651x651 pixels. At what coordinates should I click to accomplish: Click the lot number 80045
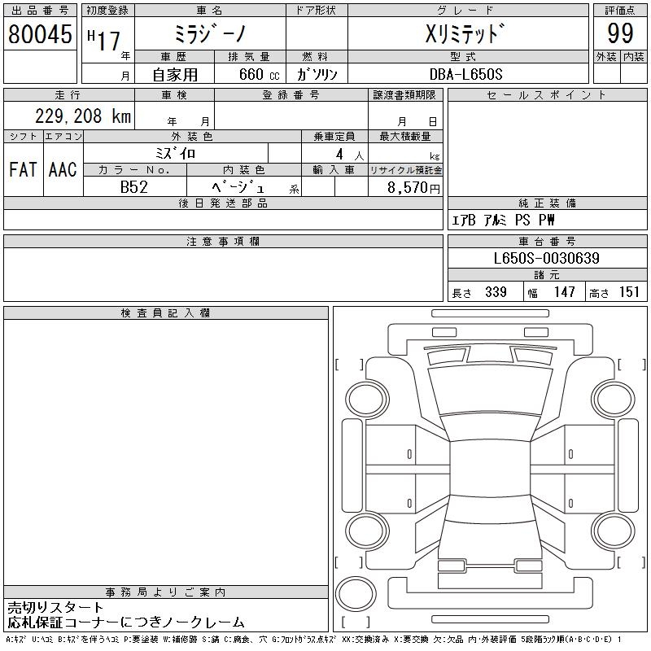click(x=40, y=34)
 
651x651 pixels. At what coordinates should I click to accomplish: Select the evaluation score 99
click(x=620, y=34)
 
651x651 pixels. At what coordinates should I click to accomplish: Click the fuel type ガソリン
click(x=317, y=74)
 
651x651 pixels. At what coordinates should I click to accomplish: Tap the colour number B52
click(x=135, y=187)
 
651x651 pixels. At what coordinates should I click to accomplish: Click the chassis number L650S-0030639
click(x=546, y=258)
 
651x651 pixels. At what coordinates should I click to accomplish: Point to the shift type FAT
click(x=23, y=170)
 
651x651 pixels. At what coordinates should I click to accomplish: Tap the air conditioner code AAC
click(x=63, y=170)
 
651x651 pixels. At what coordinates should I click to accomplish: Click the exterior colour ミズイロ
click(x=175, y=153)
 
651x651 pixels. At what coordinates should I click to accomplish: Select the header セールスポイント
click(x=546, y=95)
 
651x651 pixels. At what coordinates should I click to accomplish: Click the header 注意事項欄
click(x=223, y=242)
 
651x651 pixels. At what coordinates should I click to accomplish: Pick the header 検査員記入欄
click(x=165, y=313)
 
